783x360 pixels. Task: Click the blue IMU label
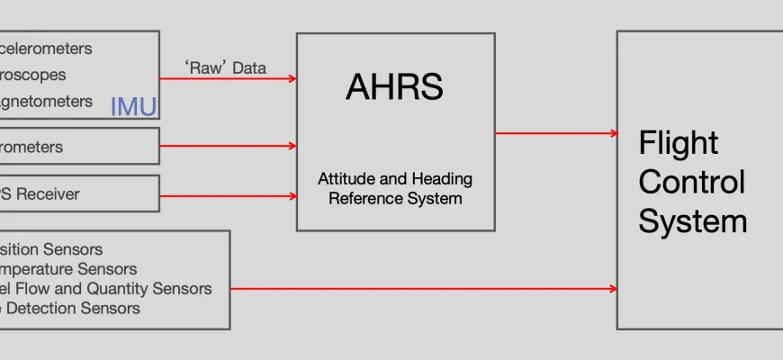tap(133, 107)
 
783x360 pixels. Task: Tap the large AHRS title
tap(394, 87)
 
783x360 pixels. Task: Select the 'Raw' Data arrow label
tap(226, 67)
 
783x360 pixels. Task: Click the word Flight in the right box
tap(679, 143)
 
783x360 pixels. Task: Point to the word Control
tap(691, 182)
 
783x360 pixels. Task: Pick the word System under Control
tap(693, 221)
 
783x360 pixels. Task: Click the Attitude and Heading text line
tap(395, 179)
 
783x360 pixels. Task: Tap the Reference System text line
tap(395, 198)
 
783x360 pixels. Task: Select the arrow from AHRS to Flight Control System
tap(555, 133)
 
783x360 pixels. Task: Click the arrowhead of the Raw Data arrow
tap(292, 78)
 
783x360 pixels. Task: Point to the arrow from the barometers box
tap(228, 145)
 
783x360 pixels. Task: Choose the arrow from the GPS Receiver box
tap(228, 194)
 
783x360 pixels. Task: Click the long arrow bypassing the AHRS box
tap(423, 289)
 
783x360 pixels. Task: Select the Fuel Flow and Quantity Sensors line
tap(106, 289)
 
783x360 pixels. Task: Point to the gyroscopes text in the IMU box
tap(33, 76)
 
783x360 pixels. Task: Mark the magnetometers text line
tap(46, 102)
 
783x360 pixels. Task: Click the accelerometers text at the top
tap(46, 49)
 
